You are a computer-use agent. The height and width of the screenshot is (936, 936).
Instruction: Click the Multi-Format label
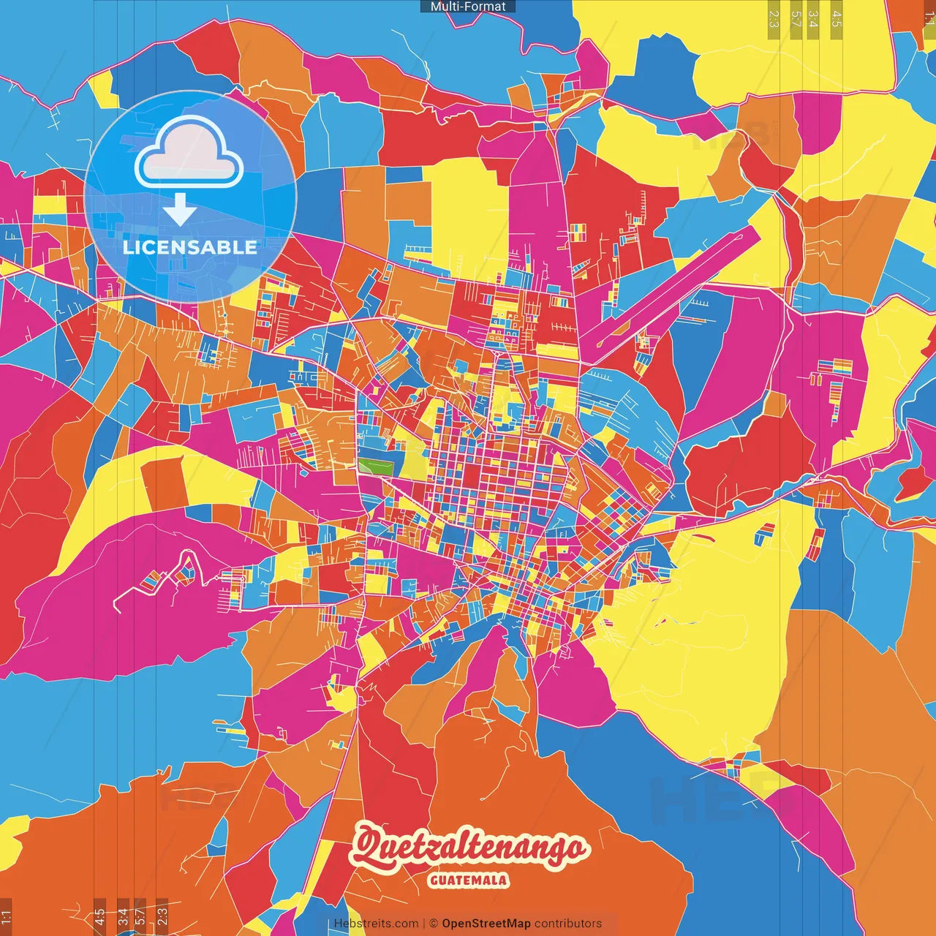[468, 7]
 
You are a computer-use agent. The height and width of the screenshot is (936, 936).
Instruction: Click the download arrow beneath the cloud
[179, 211]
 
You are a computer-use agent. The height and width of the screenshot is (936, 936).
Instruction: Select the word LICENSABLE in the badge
[190, 247]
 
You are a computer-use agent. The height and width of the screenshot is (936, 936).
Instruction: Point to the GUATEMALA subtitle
[469, 880]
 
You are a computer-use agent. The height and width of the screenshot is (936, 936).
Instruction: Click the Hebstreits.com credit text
[376, 924]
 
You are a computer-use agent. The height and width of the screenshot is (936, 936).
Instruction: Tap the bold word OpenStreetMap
[486, 924]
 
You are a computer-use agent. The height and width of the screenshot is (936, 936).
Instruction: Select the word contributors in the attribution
[568, 924]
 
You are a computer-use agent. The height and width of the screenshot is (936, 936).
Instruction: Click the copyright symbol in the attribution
[433, 924]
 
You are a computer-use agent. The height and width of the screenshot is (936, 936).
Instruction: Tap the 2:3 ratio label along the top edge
[774, 19]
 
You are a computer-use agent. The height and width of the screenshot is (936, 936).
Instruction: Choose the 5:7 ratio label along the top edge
[796, 19]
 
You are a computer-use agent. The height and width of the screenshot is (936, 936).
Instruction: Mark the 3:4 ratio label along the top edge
[813, 19]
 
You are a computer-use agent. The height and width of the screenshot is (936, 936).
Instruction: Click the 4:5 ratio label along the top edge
[837, 19]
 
